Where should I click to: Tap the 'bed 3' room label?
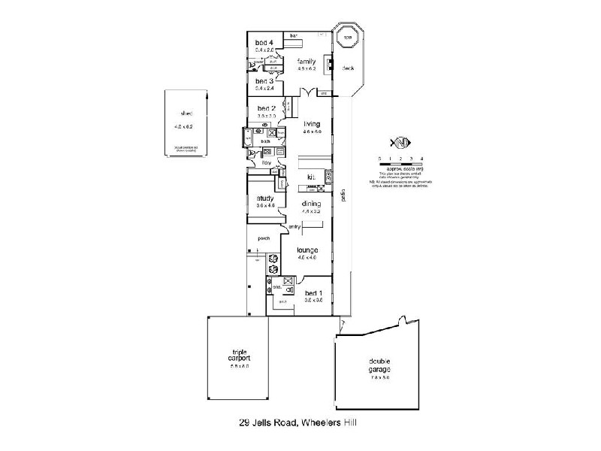(x=263, y=80)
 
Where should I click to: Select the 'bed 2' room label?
(x=267, y=108)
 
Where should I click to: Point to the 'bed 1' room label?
(x=313, y=292)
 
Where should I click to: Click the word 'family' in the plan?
(x=306, y=61)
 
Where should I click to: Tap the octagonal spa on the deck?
(x=349, y=39)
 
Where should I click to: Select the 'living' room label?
(x=312, y=124)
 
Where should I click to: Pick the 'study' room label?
(x=265, y=198)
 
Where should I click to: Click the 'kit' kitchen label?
(x=310, y=177)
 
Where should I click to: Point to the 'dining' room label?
(x=312, y=204)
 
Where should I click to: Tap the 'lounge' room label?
(x=307, y=250)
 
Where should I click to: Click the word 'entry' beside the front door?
(x=294, y=226)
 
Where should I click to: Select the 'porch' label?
(x=264, y=238)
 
